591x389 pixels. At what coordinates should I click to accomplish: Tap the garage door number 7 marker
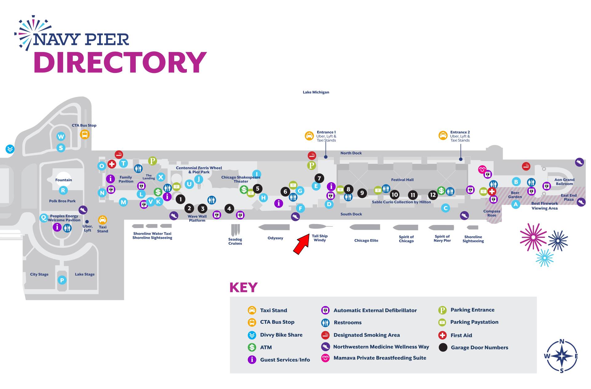pos(319,178)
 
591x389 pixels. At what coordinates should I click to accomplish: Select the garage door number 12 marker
pos(433,195)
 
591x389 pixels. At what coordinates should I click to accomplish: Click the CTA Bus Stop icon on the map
pos(85,134)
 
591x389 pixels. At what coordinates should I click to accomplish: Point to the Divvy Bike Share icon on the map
pos(10,149)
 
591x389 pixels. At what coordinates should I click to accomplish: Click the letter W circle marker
pos(61,136)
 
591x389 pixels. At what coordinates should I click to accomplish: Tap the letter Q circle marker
pos(44,218)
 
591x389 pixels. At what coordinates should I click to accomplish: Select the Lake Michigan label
pos(316,92)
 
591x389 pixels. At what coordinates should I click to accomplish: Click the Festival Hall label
pos(402,180)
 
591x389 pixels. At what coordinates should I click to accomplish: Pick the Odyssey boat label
pos(275,238)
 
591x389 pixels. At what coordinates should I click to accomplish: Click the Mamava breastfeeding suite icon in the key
pos(325,358)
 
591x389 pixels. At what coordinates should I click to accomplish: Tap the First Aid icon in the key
pos(442,335)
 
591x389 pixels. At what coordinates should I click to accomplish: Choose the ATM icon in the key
pos(252,347)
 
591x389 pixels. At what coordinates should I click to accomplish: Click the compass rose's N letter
pos(562,341)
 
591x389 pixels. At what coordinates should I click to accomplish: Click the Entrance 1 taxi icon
pos(309,136)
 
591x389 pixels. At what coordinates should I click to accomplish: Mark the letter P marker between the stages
pos(62,280)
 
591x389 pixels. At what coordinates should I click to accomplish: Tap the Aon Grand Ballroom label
pos(564,182)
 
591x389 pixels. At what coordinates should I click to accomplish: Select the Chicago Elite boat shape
pos(365,227)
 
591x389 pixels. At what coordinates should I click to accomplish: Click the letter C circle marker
pos(445,208)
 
